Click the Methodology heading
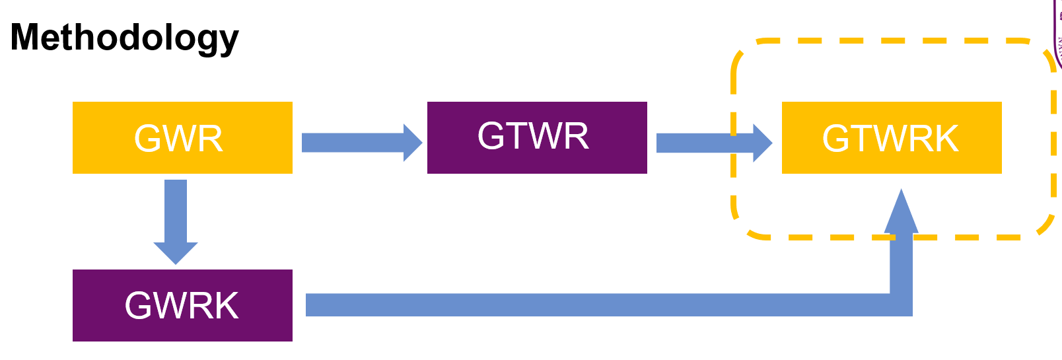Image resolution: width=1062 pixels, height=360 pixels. point(124,38)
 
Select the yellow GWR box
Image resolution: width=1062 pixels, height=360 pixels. point(182,137)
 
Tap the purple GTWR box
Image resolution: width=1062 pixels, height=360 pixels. point(536,137)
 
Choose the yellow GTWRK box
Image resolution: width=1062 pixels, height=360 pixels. point(891,137)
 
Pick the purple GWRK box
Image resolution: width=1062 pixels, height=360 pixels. point(182,305)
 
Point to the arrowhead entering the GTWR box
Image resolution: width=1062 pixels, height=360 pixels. point(414,143)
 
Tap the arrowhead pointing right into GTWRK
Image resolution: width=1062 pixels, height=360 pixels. point(763,143)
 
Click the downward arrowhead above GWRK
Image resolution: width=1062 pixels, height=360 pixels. point(176,253)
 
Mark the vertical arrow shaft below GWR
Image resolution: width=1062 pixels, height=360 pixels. point(176,211)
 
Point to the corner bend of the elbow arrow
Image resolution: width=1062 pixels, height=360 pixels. point(901,305)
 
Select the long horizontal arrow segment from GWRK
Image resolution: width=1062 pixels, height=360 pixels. point(594,305)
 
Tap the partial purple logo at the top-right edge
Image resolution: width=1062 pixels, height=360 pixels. point(1057,33)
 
